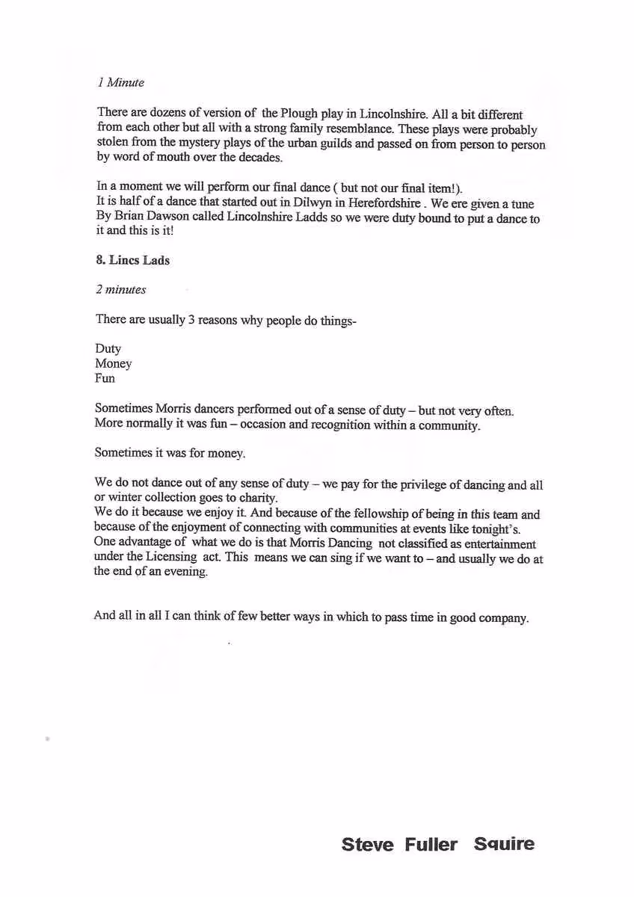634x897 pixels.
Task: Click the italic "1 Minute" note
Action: click(120, 82)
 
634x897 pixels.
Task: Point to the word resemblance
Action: click(364, 129)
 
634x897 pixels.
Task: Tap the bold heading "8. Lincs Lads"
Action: click(132, 260)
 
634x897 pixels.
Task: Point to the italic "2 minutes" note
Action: click(120, 289)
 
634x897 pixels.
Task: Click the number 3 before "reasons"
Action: click(191, 319)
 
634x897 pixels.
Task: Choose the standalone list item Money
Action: click(113, 363)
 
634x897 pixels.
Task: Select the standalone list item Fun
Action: click(105, 378)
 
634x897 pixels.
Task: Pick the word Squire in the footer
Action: click(504, 845)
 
